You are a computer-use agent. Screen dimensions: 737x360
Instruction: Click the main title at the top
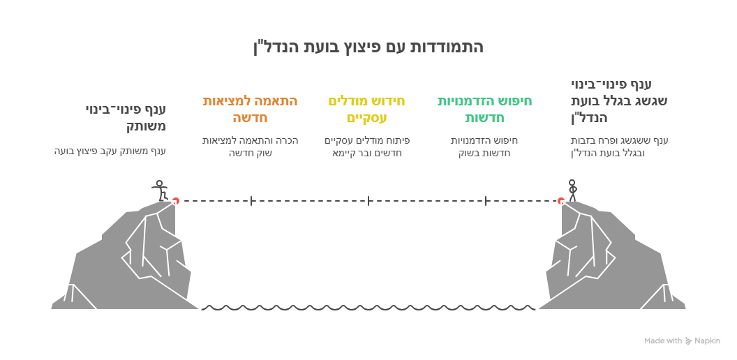(368, 47)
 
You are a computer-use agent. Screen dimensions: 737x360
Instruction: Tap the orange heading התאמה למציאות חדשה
(250, 109)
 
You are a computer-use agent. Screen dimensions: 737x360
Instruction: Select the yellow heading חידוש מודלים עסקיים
(366, 109)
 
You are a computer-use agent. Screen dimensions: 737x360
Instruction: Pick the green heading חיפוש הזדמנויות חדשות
(484, 109)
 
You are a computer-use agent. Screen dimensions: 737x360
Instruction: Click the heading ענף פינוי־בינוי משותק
(126, 118)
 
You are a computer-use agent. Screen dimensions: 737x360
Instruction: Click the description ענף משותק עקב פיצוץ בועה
(110, 151)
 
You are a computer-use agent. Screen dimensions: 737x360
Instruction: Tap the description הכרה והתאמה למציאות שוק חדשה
(250, 147)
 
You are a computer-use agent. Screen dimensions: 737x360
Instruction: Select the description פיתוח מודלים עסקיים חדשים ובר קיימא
(366, 147)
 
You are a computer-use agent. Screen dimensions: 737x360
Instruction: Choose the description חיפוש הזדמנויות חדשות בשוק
(484, 147)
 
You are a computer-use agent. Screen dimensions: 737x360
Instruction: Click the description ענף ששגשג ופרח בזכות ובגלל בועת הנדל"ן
(619, 147)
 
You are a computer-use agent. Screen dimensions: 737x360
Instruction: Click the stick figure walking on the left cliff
(160, 190)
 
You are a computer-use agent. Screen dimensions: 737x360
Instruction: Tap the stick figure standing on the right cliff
(572, 190)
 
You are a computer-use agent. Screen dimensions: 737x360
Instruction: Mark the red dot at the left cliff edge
(175, 201)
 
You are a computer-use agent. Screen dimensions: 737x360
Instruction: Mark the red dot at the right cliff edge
(560, 201)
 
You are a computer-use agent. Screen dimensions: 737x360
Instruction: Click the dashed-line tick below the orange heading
(251, 201)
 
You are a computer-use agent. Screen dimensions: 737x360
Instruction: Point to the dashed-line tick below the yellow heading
(368, 201)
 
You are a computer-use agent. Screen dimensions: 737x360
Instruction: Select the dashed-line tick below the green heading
(486, 201)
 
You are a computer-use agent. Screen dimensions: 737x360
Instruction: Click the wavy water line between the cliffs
(368, 308)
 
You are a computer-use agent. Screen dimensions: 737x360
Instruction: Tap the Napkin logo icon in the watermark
(689, 341)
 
